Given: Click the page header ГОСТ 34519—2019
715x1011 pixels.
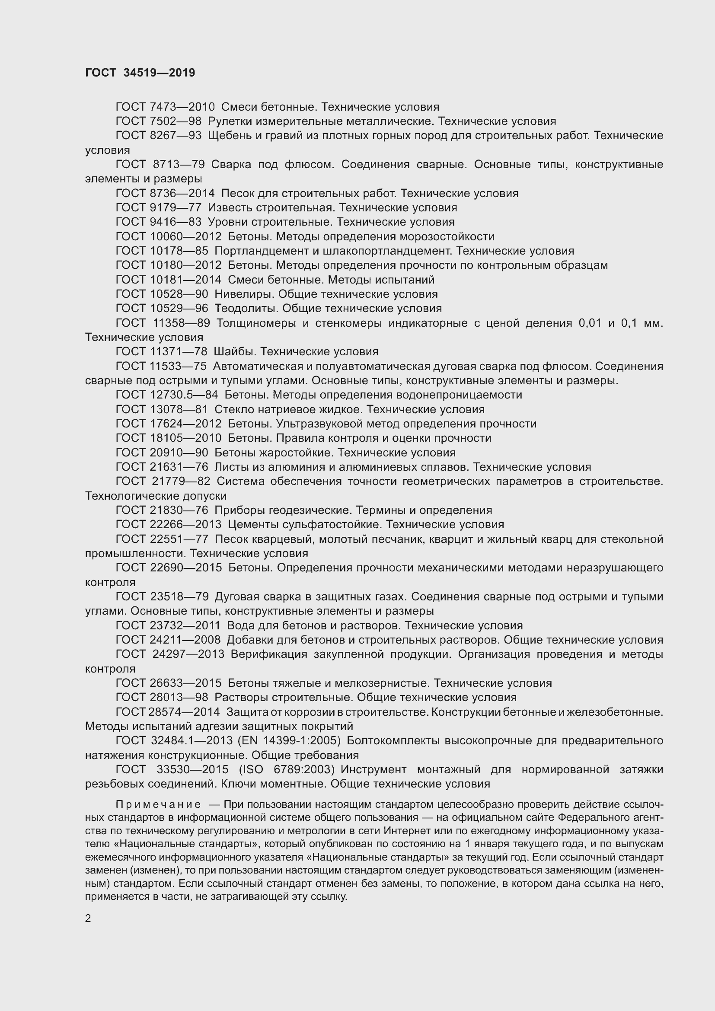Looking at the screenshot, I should tap(140, 73).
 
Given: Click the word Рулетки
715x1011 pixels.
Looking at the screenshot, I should tap(229, 121).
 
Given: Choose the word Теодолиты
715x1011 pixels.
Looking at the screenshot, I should tap(245, 308).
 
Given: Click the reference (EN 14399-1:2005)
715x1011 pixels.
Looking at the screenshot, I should tap(289, 741).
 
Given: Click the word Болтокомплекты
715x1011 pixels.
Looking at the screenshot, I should tap(393, 741).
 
